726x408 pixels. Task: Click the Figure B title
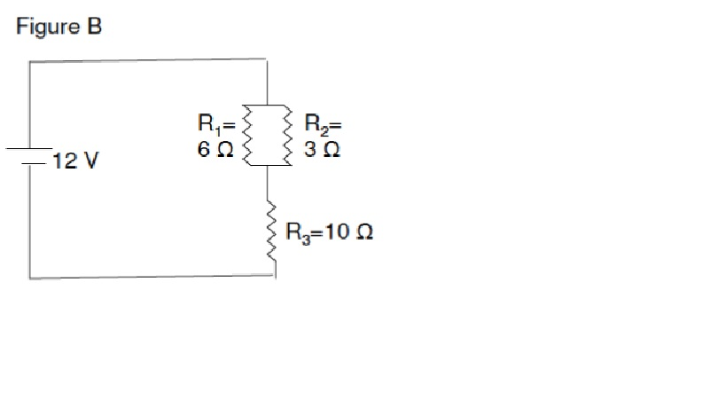tap(59, 27)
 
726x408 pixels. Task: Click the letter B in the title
tap(94, 27)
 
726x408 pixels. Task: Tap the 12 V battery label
tap(74, 162)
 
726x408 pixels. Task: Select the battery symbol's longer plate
tap(30, 149)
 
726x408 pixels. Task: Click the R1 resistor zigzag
tap(249, 135)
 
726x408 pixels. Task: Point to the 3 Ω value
tap(321, 150)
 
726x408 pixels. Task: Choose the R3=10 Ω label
tap(328, 233)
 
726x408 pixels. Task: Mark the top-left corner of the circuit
tap(30, 61)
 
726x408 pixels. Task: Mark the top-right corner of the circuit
tap(267, 59)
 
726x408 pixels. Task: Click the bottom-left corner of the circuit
tap(30, 278)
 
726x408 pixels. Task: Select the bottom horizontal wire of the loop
tap(151, 277)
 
